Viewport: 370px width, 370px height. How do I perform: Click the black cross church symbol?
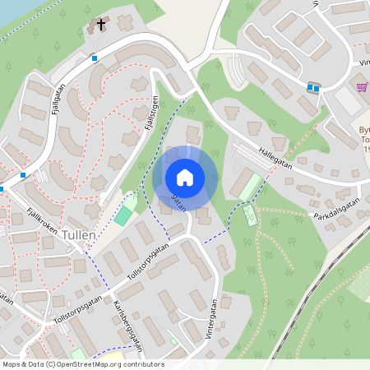click(x=101, y=25)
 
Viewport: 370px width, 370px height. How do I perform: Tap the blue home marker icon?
click(x=185, y=178)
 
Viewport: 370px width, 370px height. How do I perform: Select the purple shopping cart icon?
click(x=362, y=86)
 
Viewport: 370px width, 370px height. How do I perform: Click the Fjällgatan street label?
click(x=57, y=97)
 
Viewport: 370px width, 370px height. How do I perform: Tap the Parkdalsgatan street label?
click(x=337, y=209)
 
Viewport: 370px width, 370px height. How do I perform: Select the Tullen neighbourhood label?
click(x=78, y=234)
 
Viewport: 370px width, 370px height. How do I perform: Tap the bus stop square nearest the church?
click(x=95, y=58)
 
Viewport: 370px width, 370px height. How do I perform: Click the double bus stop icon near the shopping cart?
click(x=312, y=88)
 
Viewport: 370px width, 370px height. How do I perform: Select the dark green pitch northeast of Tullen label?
click(x=123, y=216)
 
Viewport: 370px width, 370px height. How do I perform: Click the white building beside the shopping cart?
click(x=347, y=101)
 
